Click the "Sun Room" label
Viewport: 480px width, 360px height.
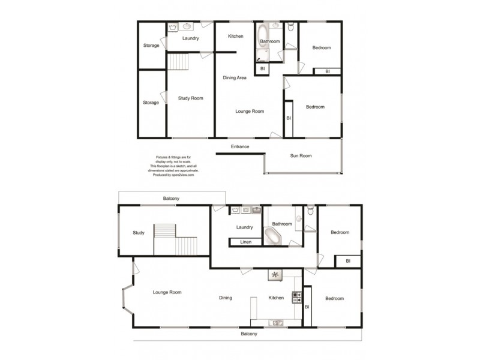[x=301, y=156]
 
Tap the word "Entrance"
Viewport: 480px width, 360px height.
[x=240, y=147]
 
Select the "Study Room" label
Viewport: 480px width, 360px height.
[x=191, y=98]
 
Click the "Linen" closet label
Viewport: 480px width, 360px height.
[x=245, y=242]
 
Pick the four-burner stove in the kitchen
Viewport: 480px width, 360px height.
[x=296, y=296]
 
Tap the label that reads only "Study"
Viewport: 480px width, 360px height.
[x=139, y=233]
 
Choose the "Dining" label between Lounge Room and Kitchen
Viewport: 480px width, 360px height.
[x=225, y=298]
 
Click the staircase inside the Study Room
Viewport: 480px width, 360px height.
[x=178, y=61]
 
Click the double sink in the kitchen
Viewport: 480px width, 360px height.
[x=277, y=323]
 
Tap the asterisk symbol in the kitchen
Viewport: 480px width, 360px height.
[x=275, y=275]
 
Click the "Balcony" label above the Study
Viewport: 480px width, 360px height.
[x=171, y=199]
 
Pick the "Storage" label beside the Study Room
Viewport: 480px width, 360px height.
[x=151, y=103]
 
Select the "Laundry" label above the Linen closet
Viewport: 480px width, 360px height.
[x=245, y=227]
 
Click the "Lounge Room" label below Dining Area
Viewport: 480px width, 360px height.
[x=250, y=111]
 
